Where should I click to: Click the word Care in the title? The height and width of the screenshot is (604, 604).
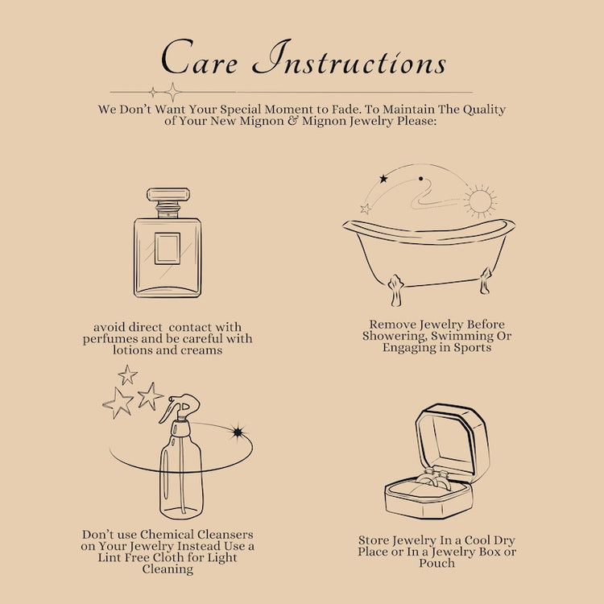coord(199,57)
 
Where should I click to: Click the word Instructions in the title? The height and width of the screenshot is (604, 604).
coord(350,58)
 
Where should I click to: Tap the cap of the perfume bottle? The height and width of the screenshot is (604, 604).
coord(168,195)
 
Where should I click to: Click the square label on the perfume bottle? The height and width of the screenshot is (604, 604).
coord(168,249)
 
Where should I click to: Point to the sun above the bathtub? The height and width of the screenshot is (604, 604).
coord(480,201)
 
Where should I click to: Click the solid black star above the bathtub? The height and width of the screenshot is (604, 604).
coord(383,179)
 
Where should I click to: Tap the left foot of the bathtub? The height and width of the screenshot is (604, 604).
coord(395,290)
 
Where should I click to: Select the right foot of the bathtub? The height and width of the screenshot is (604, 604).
coord(485,281)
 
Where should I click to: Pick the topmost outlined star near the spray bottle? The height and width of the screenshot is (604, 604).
coord(127,374)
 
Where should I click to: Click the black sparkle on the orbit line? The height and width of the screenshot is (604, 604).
coord(238,432)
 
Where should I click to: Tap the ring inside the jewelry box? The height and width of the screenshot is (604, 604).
coord(434,480)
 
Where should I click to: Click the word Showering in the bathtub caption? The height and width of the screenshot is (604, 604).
coord(395,337)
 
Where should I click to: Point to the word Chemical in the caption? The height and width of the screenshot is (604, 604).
coord(167,534)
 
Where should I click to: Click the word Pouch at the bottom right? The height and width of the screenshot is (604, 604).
coord(436,563)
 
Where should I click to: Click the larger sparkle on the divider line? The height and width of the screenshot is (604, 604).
coord(173,93)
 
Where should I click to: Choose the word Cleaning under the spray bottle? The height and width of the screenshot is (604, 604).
coord(168,569)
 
